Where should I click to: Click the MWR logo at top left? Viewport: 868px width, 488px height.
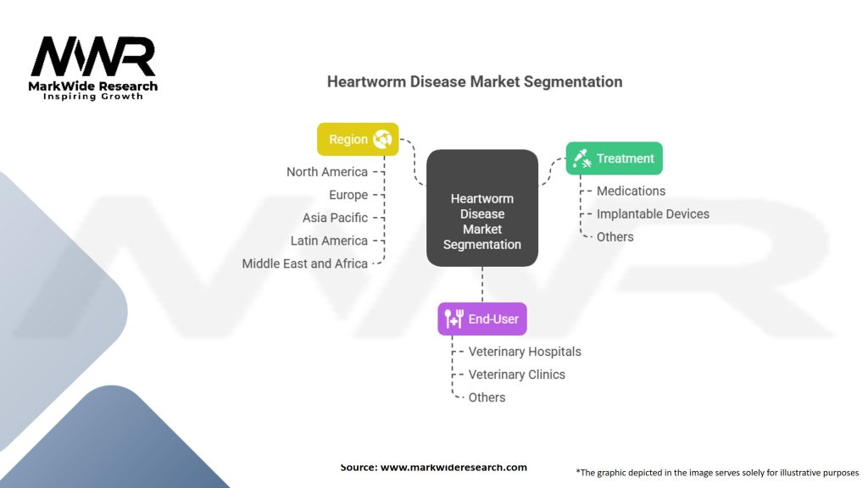pos(93,59)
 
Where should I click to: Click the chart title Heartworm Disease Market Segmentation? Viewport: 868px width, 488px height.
pos(475,82)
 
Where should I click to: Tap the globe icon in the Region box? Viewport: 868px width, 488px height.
pos(382,139)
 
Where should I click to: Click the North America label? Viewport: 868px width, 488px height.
pos(327,172)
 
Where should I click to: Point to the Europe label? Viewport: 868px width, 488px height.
pos(348,195)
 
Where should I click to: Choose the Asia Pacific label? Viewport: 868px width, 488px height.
pos(335,218)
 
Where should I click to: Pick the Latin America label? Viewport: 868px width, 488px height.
pos(329,241)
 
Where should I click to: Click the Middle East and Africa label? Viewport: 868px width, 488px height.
pos(305,263)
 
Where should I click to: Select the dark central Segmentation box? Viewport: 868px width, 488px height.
pos(481,208)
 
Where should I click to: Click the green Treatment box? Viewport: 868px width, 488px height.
pos(615,158)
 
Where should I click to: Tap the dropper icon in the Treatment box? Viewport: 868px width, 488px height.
pos(581,158)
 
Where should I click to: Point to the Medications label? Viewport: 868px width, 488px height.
pos(631,191)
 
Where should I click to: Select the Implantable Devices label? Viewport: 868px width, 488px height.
pos(653,214)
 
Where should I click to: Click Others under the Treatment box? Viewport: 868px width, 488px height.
pos(615,237)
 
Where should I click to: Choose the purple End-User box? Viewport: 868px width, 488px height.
pos(481,319)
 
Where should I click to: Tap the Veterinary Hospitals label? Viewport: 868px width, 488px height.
pos(525,352)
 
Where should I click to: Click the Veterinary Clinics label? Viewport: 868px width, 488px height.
pos(516,374)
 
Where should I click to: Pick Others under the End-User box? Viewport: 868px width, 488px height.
pos(487,397)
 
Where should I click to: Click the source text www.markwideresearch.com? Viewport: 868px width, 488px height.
pos(453,468)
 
